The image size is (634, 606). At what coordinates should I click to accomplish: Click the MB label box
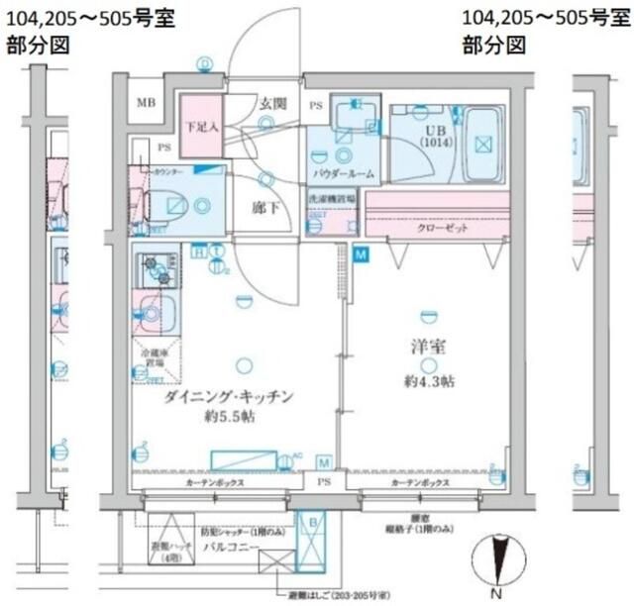pos(146,103)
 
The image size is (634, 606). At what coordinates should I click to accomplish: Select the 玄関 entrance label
pos(272,102)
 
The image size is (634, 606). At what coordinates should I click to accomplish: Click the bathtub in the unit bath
pos(481,145)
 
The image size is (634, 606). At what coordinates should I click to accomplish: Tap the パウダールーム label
pos(343,173)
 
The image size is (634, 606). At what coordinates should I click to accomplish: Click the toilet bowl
pos(171,206)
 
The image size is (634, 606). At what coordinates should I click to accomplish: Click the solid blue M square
pos(362,254)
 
